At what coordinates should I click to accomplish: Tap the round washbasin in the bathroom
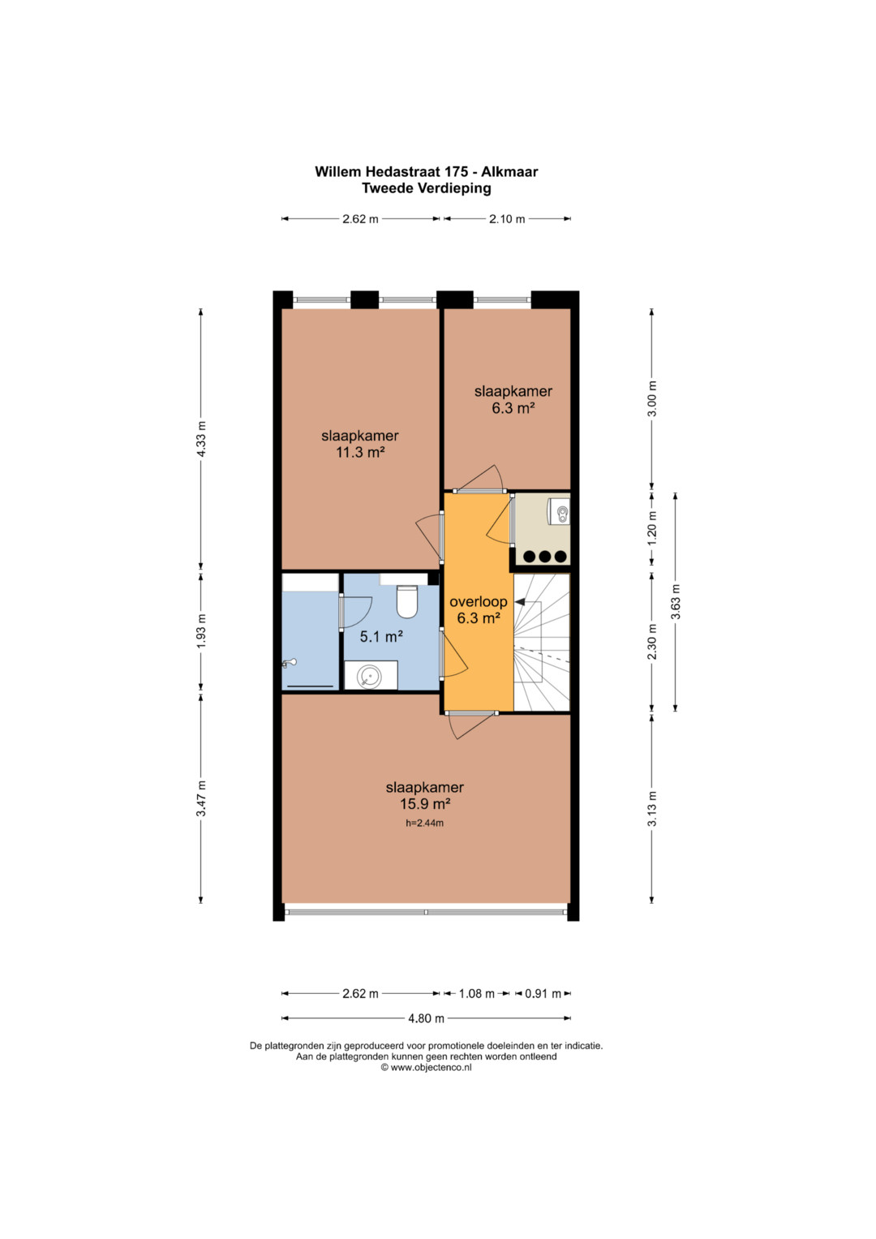[x=367, y=675]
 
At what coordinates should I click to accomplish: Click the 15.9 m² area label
[x=425, y=803]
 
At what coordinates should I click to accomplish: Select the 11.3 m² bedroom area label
[x=360, y=452]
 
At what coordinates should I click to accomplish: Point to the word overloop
[x=479, y=601]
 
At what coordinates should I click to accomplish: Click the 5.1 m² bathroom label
[x=381, y=637]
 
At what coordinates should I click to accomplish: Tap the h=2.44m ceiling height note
[x=424, y=823]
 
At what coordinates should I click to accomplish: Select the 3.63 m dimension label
[x=675, y=602]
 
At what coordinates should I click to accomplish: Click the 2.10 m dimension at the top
[x=507, y=219]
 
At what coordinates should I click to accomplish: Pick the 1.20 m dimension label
[x=652, y=527]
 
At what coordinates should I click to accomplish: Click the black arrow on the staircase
[x=520, y=601]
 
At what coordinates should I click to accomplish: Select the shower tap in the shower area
[x=290, y=663]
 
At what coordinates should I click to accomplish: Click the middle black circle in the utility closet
[x=546, y=556]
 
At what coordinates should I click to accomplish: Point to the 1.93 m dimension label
[x=201, y=632]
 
